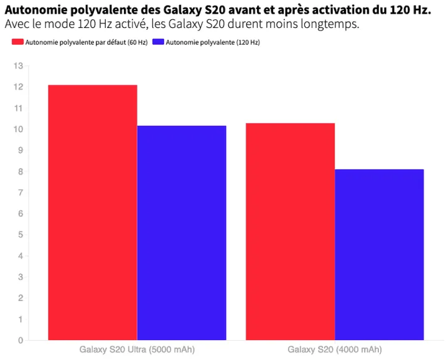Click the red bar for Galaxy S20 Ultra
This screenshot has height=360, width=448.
92,212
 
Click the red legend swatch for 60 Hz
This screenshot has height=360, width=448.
17,42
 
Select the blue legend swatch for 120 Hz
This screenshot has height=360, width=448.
158,42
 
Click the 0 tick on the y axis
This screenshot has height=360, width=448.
20,341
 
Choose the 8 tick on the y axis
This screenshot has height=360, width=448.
20,172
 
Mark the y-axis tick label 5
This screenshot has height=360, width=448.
20,235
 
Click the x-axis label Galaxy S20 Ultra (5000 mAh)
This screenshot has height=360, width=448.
137,349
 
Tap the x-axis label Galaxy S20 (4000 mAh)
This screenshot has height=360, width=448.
335,349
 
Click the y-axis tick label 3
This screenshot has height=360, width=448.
20,277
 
